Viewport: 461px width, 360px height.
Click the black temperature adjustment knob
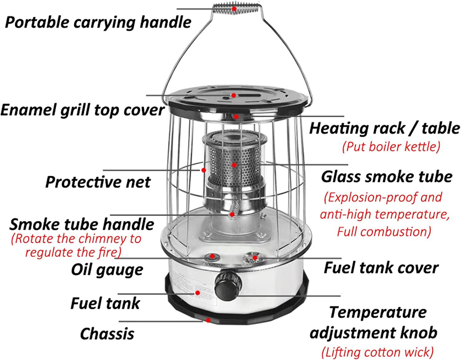click(228, 287)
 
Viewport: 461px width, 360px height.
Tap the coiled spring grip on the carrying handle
click(234, 9)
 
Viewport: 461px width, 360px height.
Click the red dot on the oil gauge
click(212, 256)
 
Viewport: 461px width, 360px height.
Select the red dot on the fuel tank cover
click(255, 258)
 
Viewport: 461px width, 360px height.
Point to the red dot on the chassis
click(208, 320)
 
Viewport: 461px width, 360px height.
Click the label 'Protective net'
click(98, 182)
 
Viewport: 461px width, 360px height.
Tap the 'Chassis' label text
click(107, 334)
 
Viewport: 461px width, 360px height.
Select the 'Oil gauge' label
click(107, 270)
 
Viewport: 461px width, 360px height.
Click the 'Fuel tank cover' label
click(381, 268)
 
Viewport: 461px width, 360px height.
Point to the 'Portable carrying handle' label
click(98, 22)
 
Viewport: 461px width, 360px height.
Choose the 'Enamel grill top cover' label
click(83, 110)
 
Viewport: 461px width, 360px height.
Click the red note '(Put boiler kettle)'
click(391, 147)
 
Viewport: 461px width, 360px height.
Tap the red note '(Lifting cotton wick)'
click(377, 352)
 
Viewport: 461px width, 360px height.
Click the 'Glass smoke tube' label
click(387, 177)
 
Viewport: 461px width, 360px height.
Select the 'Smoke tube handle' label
click(82, 224)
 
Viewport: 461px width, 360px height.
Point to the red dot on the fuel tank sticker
click(198, 293)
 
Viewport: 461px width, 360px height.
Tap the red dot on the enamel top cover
click(234, 96)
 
